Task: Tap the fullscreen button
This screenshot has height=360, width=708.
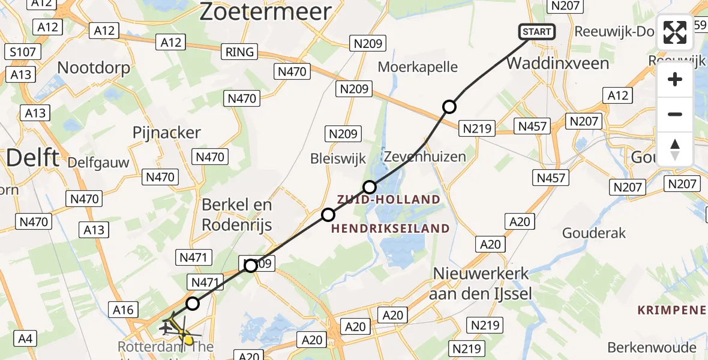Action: (675, 32)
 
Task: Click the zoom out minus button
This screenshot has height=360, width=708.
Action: (675, 114)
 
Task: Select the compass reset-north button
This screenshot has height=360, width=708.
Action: (675, 149)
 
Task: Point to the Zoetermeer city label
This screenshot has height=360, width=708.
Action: (265, 12)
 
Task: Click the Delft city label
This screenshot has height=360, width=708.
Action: (33, 158)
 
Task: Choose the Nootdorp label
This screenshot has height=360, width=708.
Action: (94, 67)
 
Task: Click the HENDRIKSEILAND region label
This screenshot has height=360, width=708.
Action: (390, 228)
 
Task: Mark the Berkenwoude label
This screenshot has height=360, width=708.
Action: (652, 347)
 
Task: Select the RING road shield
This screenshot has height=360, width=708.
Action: (239, 52)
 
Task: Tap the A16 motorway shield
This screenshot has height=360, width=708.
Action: (124, 310)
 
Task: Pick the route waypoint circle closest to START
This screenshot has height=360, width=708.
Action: (449, 107)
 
